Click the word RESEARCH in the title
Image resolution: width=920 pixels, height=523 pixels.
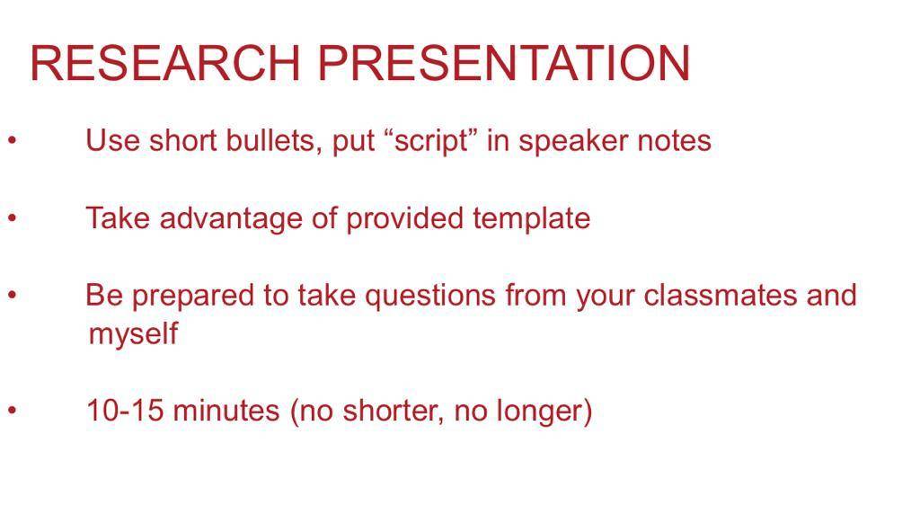coord(165,63)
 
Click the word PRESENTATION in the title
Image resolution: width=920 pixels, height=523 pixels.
coord(504,63)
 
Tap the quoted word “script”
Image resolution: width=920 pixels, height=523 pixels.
coord(433,141)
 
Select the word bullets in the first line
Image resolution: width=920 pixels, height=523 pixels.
coord(274,141)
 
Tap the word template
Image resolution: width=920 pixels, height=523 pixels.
coord(532,219)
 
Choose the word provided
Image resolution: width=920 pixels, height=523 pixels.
coord(405,219)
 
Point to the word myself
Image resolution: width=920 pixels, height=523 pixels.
coord(133,334)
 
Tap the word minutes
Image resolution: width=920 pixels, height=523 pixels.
coord(226,410)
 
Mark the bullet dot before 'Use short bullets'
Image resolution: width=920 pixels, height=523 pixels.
coord(13,141)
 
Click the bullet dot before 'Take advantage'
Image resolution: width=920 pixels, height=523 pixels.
coord(13,217)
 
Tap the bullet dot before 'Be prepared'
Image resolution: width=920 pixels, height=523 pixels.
coord(13,296)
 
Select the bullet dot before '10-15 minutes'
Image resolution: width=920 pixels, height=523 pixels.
coord(13,411)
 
